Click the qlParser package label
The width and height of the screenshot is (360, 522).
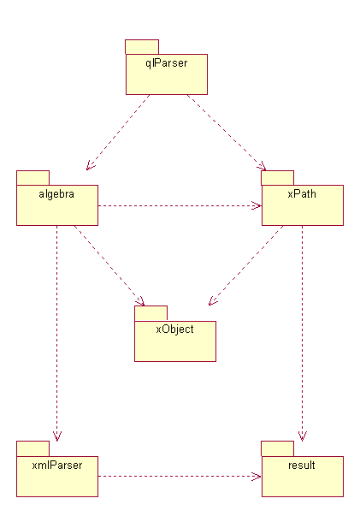pos(167,63)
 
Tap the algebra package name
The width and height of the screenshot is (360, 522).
pos(56,194)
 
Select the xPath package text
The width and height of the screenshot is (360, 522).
pos(302,194)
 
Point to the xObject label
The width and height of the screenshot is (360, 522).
pos(174,329)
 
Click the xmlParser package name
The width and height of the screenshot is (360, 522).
pos(57,465)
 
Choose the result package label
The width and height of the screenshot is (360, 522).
pos(302,465)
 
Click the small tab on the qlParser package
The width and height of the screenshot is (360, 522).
pos(142,46)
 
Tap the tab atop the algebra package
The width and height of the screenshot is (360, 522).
pos(33,178)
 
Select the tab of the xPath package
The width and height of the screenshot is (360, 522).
pos(278,178)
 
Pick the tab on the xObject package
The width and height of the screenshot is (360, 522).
pos(151,313)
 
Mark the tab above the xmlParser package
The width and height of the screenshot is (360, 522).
pos(33,448)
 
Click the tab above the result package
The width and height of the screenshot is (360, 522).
pos(278,448)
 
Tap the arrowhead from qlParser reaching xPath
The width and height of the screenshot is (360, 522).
pos(263,167)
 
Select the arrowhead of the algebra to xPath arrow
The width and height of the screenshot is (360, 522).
pos(257,205)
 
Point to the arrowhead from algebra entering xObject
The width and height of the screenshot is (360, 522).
pos(141,301)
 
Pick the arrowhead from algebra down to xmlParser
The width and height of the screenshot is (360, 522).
pos(57,437)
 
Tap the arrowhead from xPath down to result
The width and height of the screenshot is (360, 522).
pos(302,437)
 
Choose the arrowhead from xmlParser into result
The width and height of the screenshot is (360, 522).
pos(257,477)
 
